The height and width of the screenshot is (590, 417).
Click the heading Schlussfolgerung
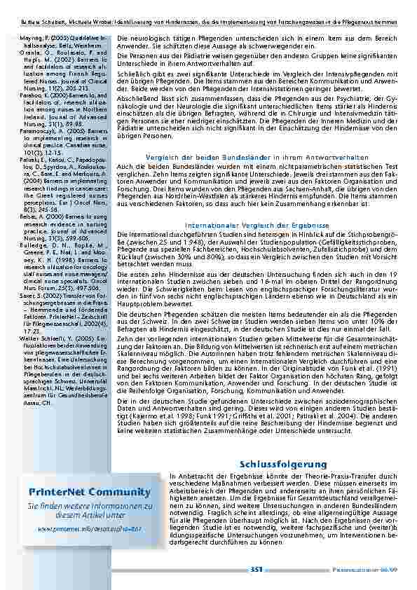click(x=283, y=465)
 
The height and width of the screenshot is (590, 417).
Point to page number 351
click(x=256, y=571)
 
